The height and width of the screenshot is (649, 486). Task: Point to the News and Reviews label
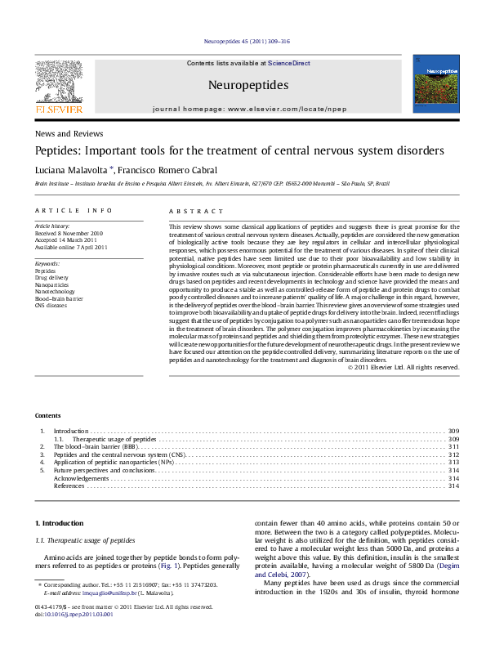(x=69, y=133)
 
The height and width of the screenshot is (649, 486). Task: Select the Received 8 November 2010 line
(x=68, y=231)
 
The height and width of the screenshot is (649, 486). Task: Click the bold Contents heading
(x=47, y=416)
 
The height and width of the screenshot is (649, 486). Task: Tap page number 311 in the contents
(x=454, y=448)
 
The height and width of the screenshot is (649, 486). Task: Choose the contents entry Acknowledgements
(x=81, y=478)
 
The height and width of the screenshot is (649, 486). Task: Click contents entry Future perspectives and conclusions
(x=104, y=471)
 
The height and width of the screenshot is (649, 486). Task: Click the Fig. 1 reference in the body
(x=168, y=566)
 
